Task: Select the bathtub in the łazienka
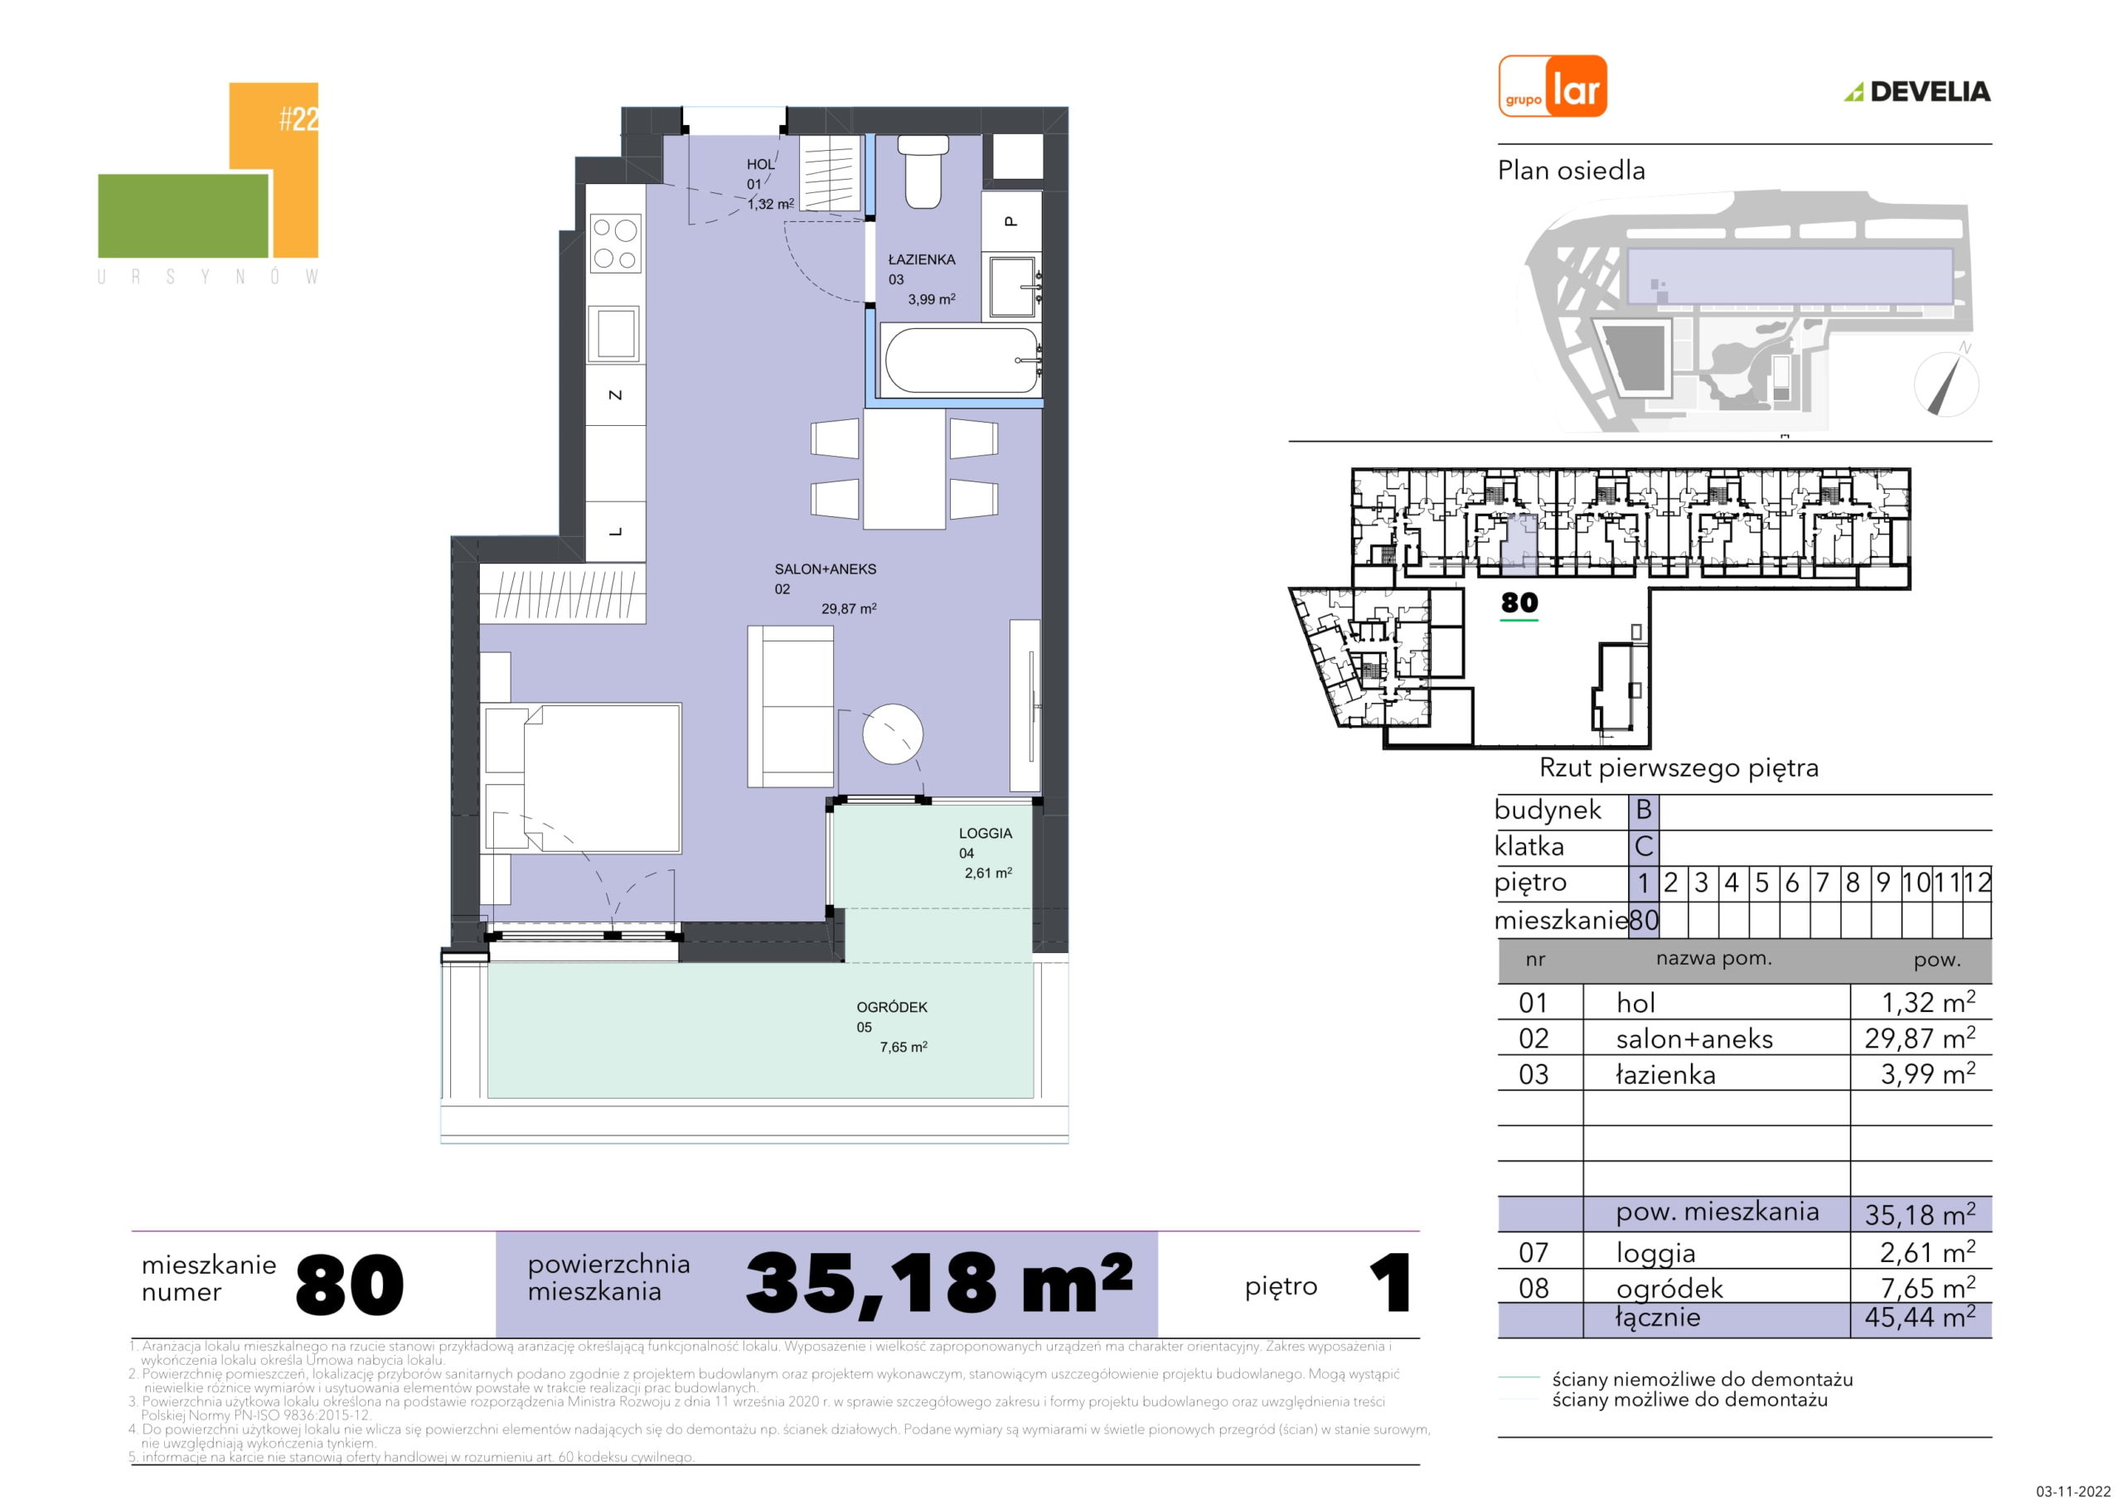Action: [962, 361]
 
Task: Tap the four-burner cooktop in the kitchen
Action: [617, 243]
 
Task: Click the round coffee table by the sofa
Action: [892, 733]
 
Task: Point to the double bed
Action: [582, 777]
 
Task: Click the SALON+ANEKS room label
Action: [826, 569]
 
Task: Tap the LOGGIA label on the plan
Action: [986, 833]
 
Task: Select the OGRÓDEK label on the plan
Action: [892, 1006]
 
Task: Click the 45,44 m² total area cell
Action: [1921, 1317]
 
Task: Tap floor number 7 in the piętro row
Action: [1823, 883]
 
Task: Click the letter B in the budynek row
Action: [1643, 810]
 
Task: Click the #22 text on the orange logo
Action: [298, 119]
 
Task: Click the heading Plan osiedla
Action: [1571, 171]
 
